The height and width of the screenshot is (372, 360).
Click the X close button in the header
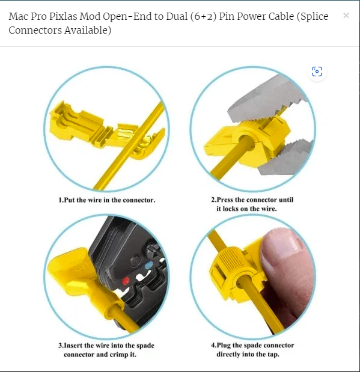[x=346, y=16]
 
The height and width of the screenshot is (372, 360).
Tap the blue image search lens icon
[x=317, y=72]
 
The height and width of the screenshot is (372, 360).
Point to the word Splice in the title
[x=313, y=17]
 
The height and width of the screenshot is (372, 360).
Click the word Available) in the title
[x=88, y=31]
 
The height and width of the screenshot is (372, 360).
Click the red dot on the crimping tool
[x=126, y=282]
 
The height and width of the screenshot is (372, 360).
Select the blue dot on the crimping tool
[x=148, y=265]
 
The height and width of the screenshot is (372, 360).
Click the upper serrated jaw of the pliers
[x=266, y=100]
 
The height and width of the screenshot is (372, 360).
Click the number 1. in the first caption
[x=61, y=200]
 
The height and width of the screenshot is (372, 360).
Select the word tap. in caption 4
[x=273, y=355]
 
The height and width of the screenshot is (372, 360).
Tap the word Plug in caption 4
[x=224, y=346]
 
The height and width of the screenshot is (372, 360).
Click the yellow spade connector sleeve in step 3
[x=88, y=285]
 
